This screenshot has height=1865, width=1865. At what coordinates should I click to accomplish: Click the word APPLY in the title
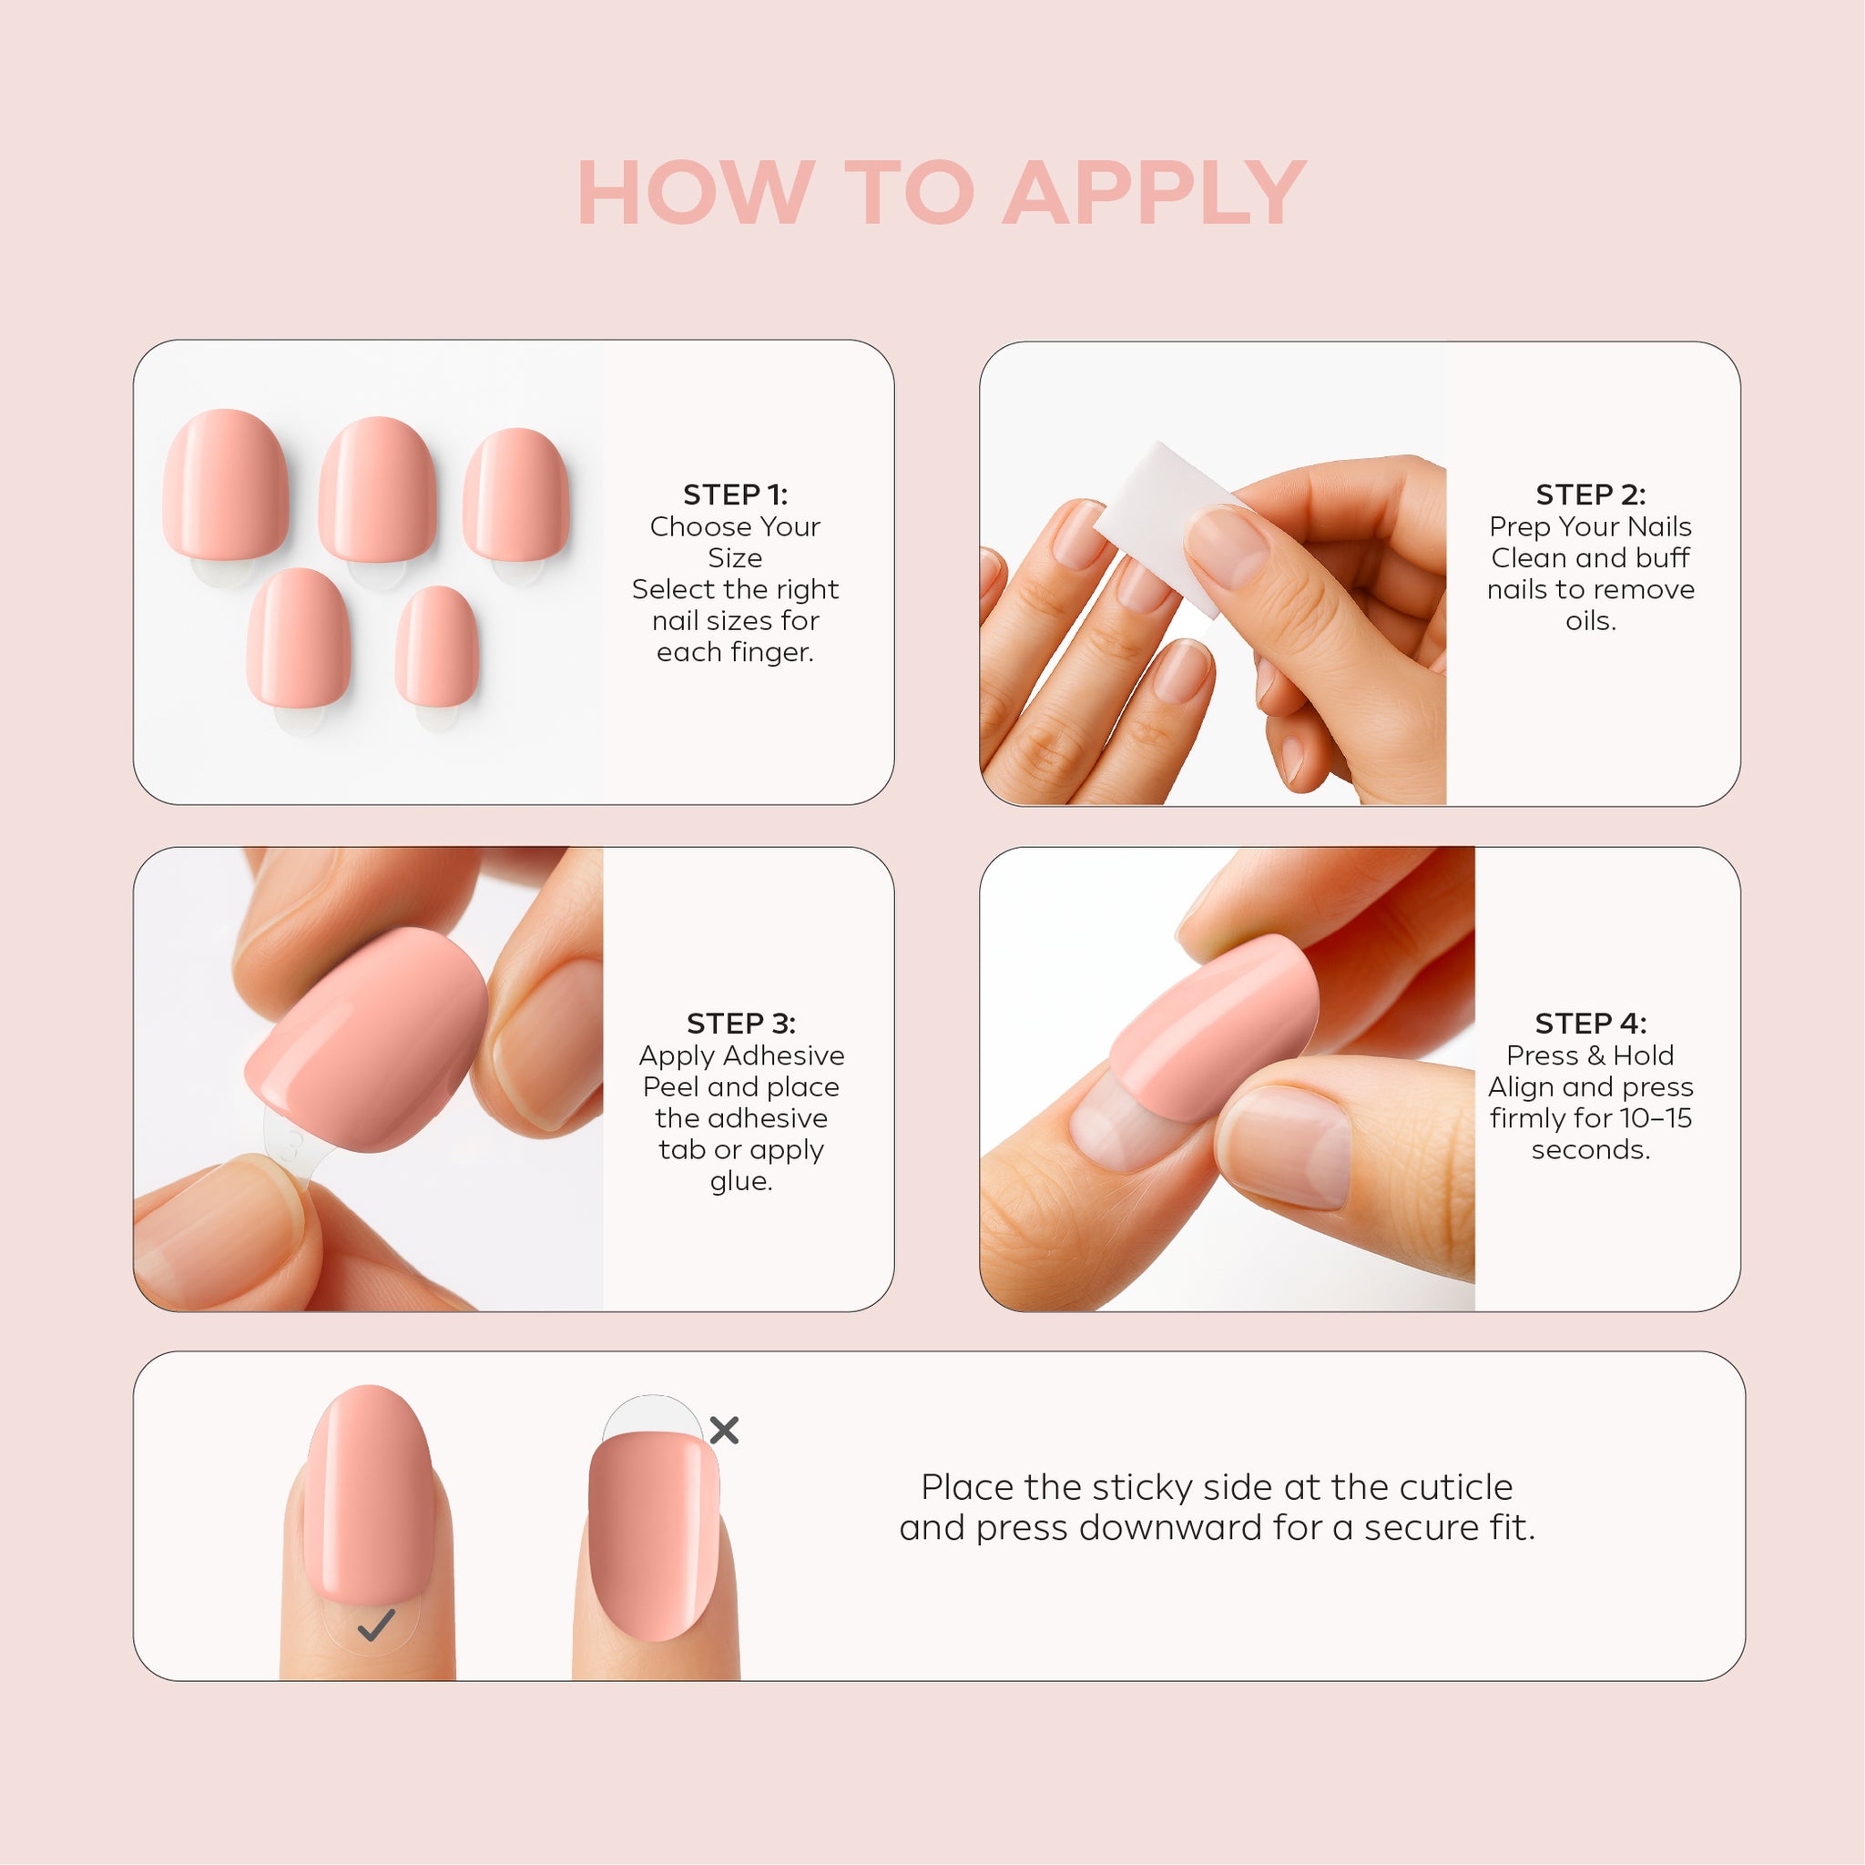[1155, 193]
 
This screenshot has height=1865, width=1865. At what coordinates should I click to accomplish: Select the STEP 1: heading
[736, 494]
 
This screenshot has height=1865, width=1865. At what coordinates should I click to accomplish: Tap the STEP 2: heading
[1591, 494]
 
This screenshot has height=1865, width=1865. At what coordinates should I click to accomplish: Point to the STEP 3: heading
[741, 1024]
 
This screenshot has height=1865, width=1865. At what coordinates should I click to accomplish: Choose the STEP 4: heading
[1591, 1024]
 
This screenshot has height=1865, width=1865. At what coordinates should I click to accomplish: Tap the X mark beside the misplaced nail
[724, 1430]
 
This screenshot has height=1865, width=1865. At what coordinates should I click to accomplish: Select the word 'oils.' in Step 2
[1591, 621]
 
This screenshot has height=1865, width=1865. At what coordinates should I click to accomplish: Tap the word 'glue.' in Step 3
[741, 1181]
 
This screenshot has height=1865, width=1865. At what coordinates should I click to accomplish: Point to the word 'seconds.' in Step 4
[1591, 1150]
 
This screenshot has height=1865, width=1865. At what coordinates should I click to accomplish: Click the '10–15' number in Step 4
[1656, 1118]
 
